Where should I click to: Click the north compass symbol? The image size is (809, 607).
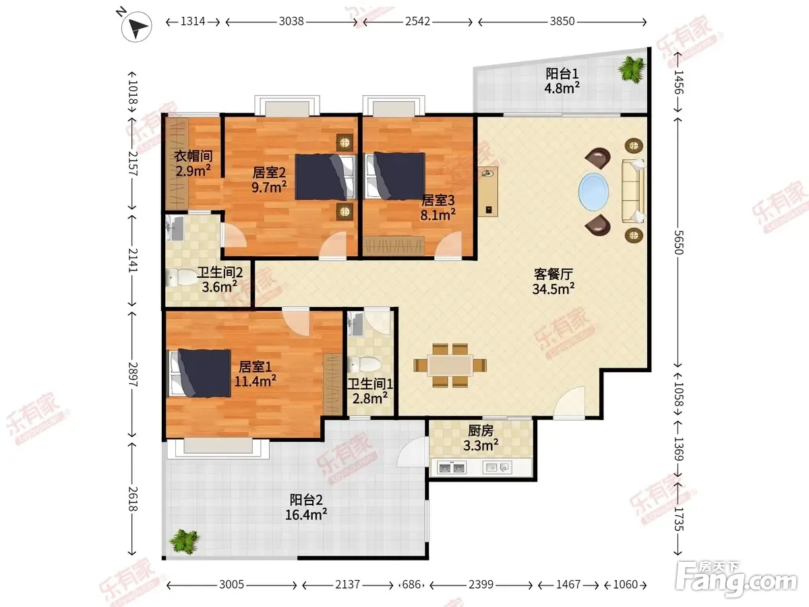(x=136, y=26)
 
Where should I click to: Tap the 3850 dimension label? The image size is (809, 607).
(x=562, y=22)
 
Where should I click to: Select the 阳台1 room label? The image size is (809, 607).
(x=562, y=74)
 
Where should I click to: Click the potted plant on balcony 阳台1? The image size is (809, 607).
(x=632, y=69)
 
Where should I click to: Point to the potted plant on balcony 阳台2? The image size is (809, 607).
(x=184, y=542)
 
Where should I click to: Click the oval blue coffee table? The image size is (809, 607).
(x=593, y=192)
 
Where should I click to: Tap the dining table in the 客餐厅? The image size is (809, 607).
(x=450, y=366)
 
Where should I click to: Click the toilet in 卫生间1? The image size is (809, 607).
(x=364, y=364)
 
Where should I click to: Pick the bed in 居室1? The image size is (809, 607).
(x=200, y=373)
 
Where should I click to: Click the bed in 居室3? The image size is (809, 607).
(x=395, y=176)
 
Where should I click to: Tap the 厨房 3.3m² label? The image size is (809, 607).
(x=481, y=438)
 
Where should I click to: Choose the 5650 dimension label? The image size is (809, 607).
(x=678, y=242)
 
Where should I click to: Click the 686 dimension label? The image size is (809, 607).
(x=411, y=585)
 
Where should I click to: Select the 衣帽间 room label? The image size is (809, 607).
(x=193, y=156)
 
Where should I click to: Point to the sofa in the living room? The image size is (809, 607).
(x=633, y=191)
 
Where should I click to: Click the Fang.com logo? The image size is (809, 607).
(x=736, y=580)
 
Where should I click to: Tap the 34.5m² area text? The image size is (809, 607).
(x=553, y=289)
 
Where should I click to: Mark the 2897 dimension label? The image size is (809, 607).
(x=133, y=374)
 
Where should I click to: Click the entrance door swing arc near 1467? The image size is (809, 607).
(x=569, y=402)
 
